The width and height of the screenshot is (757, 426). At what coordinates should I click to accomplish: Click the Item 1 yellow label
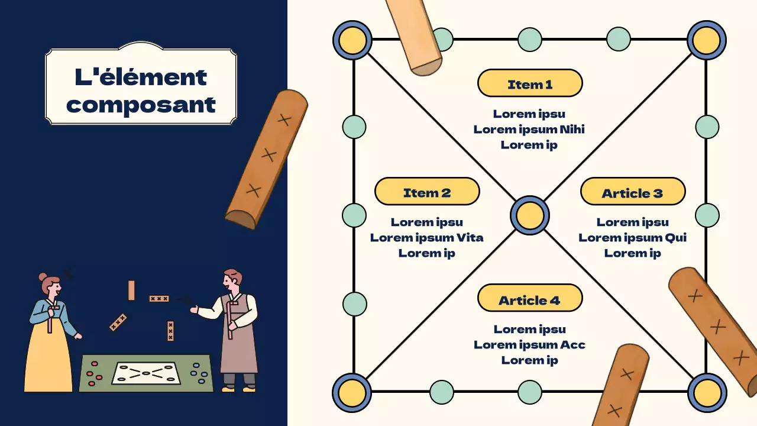[530, 83]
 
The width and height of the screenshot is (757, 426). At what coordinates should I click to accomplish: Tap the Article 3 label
[632, 192]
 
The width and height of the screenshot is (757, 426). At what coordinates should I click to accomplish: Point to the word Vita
[470, 237]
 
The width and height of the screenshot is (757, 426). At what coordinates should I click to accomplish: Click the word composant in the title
[141, 105]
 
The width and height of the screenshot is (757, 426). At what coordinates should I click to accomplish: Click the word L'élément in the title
[141, 76]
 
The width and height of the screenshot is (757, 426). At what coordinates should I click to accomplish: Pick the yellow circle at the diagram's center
[529, 215]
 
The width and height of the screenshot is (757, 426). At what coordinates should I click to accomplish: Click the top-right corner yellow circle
[706, 40]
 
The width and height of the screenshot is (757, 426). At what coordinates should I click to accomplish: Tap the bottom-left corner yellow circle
[352, 392]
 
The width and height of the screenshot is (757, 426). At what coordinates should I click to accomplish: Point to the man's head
[232, 280]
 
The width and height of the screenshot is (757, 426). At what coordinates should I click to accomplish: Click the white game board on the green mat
[145, 373]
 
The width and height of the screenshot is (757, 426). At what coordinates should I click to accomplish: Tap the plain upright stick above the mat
[131, 290]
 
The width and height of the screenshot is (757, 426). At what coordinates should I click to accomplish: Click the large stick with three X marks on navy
[267, 159]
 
